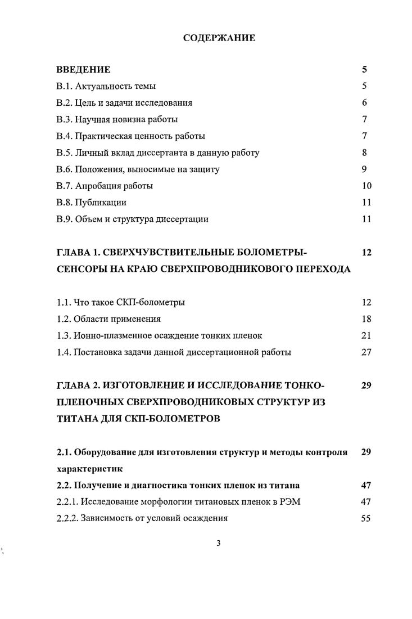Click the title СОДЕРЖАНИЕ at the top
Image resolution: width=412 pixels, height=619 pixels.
point(219,38)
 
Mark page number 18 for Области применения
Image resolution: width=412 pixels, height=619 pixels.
point(366,319)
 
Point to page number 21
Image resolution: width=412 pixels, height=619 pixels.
point(366,336)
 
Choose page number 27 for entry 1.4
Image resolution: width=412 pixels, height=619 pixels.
point(366,352)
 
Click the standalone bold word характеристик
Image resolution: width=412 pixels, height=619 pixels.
point(89,468)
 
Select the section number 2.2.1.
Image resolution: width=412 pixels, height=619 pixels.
point(68,501)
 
